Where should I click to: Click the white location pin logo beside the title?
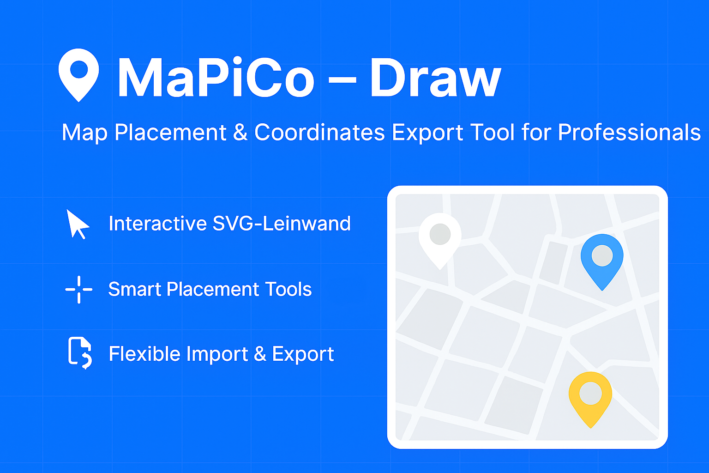click(78, 74)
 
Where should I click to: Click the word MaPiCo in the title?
click(216, 78)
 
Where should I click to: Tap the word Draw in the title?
click(435, 78)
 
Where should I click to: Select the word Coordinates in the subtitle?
click(319, 133)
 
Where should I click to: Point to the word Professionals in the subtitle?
click(629, 133)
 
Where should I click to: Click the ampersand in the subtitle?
click(240, 133)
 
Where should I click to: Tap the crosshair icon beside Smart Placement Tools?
click(79, 290)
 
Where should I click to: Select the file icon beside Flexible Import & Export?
click(79, 353)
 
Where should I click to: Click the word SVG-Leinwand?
click(282, 224)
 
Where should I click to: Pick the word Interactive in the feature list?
click(157, 224)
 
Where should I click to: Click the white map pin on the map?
click(440, 238)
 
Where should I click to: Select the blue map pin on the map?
click(602, 259)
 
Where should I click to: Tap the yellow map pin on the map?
click(590, 397)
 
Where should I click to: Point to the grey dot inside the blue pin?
click(602, 255)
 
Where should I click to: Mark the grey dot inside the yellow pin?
click(590, 394)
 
